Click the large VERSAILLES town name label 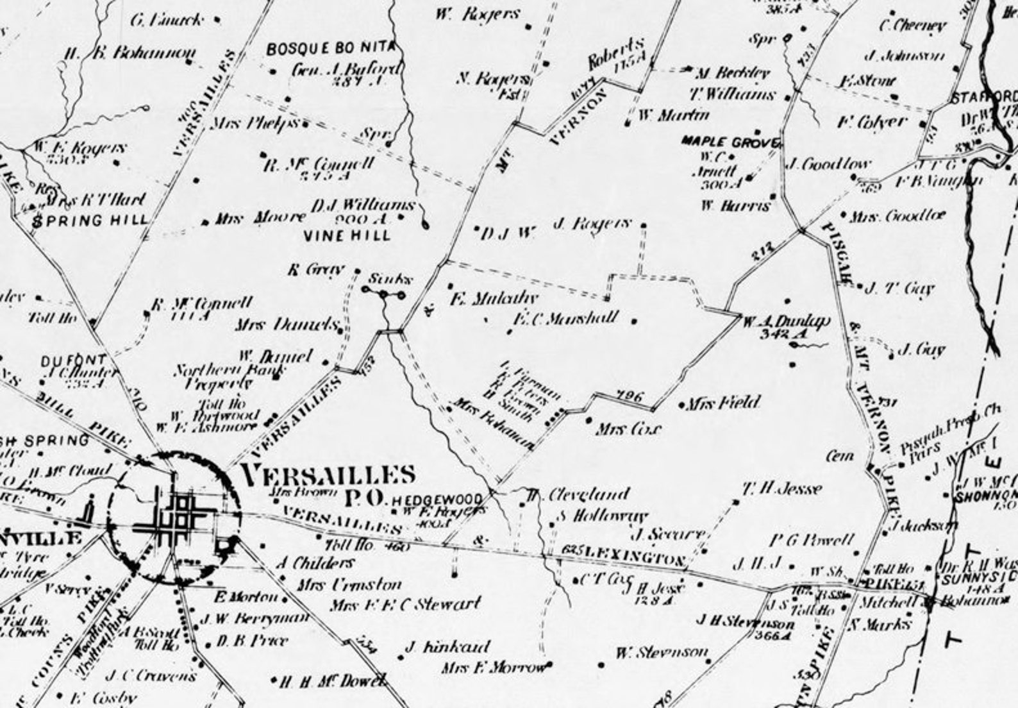pos(328,475)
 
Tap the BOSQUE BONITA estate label pos(331,49)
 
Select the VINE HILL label pos(347,235)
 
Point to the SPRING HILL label pos(90,221)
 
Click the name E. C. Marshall pos(565,318)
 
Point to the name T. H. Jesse pos(781,489)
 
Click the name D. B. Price pos(252,641)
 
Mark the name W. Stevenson pos(662,653)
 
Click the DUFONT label pos(63,360)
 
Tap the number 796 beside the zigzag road pos(629,397)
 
